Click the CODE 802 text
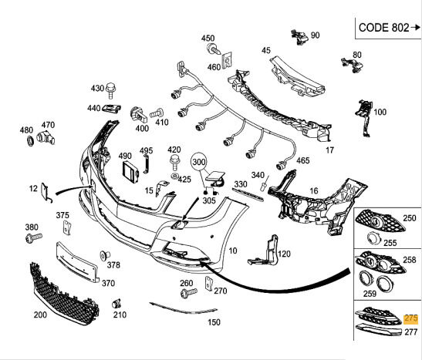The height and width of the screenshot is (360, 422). (383, 28)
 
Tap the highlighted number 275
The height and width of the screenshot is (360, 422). (411, 319)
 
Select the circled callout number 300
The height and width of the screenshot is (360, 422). (199, 162)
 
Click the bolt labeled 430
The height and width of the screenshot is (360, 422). (110, 90)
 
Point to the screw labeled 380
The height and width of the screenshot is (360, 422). (34, 237)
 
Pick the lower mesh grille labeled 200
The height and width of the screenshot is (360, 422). (64, 294)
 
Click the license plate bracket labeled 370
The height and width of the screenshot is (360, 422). (77, 262)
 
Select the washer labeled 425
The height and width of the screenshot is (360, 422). (175, 177)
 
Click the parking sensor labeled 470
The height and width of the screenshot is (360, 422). (46, 137)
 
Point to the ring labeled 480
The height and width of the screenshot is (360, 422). (30, 141)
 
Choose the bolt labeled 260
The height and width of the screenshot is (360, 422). (189, 292)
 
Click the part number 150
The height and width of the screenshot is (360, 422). (214, 322)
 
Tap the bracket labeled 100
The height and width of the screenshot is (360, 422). (365, 118)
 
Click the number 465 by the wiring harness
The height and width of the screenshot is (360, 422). (303, 160)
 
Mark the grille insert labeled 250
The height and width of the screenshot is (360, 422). (380, 220)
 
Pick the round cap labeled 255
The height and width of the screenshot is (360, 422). (374, 238)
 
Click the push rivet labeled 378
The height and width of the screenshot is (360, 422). (104, 255)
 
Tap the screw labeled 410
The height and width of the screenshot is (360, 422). (157, 113)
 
